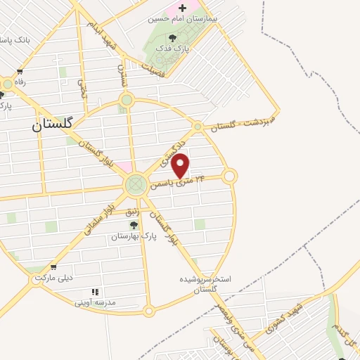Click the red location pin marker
point(181,166)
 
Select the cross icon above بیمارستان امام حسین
point(183,8)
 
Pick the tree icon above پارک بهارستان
point(134,225)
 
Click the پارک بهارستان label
point(133,237)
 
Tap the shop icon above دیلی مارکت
point(53,267)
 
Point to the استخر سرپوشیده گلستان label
point(205,283)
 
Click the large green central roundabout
point(135,186)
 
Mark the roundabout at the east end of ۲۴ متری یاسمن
point(229,176)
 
